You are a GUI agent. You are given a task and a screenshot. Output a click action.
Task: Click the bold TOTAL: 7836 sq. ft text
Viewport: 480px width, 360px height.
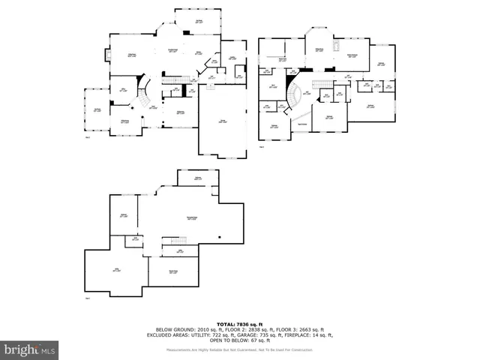click(x=240, y=323)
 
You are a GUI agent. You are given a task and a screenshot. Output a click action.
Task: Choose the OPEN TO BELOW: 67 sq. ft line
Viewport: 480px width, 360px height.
click(x=240, y=340)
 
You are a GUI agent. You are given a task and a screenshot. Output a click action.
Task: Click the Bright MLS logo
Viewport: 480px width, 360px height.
click(x=30, y=349)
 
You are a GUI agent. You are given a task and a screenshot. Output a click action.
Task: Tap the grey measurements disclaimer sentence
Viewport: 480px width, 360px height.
click(x=240, y=349)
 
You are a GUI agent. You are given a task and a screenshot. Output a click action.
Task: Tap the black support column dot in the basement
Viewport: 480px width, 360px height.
click(x=220, y=237)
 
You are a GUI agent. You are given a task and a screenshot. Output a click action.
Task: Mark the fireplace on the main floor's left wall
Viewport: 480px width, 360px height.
click(x=109, y=55)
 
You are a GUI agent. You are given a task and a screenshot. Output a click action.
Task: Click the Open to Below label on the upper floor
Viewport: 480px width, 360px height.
click(x=302, y=124)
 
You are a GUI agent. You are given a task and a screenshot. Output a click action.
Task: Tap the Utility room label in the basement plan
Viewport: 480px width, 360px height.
click(x=116, y=270)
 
